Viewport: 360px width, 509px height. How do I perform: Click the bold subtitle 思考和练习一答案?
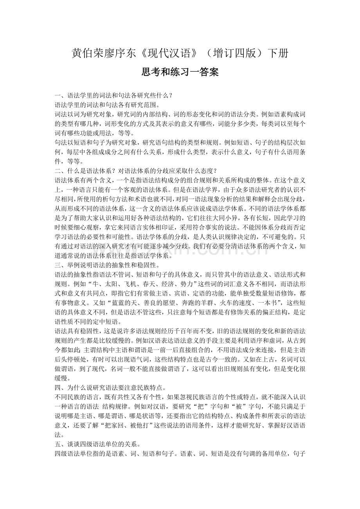click(180, 72)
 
